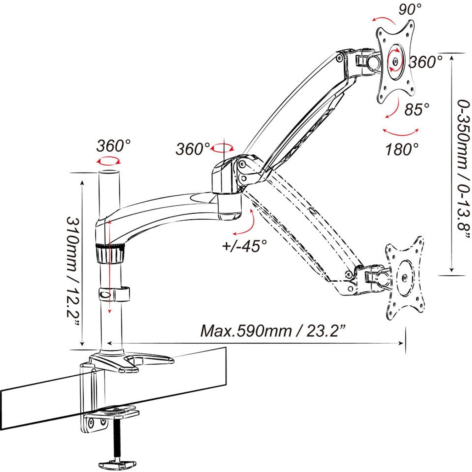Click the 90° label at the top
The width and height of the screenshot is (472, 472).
(x=410, y=9)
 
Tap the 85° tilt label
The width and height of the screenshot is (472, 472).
(x=417, y=110)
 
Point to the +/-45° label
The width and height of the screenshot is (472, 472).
(x=244, y=245)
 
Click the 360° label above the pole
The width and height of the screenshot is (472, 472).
(x=113, y=146)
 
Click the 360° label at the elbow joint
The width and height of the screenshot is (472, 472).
(x=193, y=149)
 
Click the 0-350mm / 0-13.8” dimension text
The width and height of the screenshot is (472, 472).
(x=464, y=170)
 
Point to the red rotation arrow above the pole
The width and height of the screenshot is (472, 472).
(x=109, y=161)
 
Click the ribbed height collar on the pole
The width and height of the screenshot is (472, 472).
(x=110, y=254)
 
